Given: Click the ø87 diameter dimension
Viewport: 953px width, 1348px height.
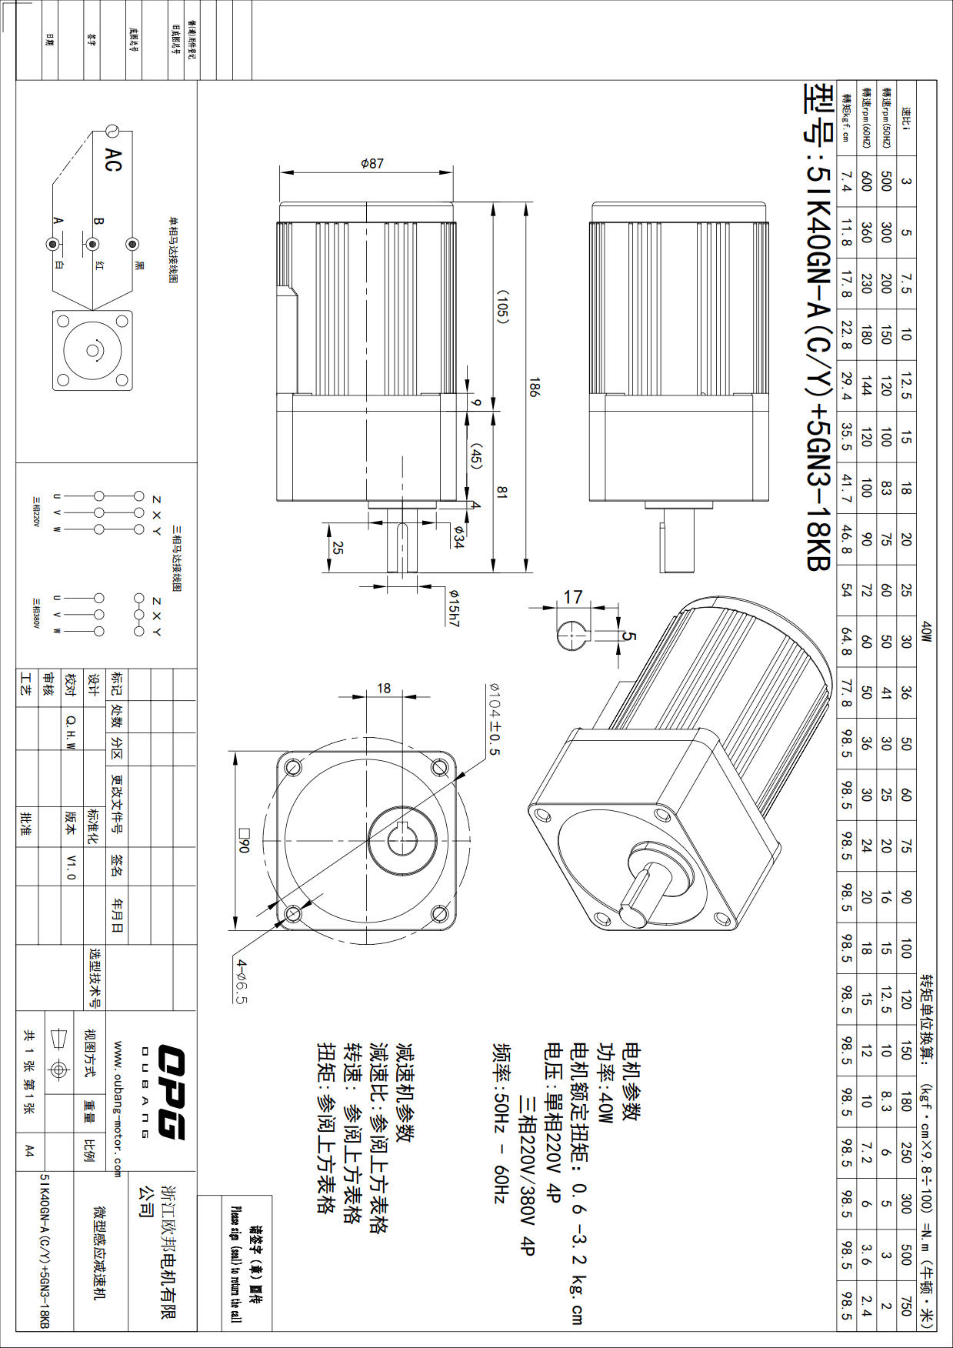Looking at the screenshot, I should [372, 164].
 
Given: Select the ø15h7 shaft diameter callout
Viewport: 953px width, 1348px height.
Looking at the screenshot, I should [454, 608].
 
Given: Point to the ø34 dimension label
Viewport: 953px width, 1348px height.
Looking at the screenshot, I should [458, 537].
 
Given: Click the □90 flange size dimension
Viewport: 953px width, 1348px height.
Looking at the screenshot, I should [245, 839].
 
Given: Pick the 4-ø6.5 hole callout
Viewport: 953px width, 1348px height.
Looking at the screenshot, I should [242, 981].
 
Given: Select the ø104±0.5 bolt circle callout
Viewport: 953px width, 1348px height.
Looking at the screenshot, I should [493, 719].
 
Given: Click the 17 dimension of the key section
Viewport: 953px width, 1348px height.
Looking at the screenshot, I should [573, 597].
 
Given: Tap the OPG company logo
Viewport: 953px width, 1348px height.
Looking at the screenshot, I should [170, 1091].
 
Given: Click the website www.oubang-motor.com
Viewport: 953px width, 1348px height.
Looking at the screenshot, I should [118, 1109].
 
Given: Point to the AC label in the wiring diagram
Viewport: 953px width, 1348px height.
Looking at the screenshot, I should [113, 160].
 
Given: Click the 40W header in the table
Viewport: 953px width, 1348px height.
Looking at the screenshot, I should [926, 632].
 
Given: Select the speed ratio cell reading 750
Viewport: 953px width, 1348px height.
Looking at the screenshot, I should [905, 1306].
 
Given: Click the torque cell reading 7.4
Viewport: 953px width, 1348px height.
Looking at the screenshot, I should [846, 182].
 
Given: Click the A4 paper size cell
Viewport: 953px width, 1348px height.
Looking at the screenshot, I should [29, 1150].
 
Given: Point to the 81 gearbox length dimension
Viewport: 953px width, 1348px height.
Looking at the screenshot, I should [502, 492].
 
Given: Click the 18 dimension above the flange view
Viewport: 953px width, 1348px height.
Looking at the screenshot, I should [384, 689].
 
